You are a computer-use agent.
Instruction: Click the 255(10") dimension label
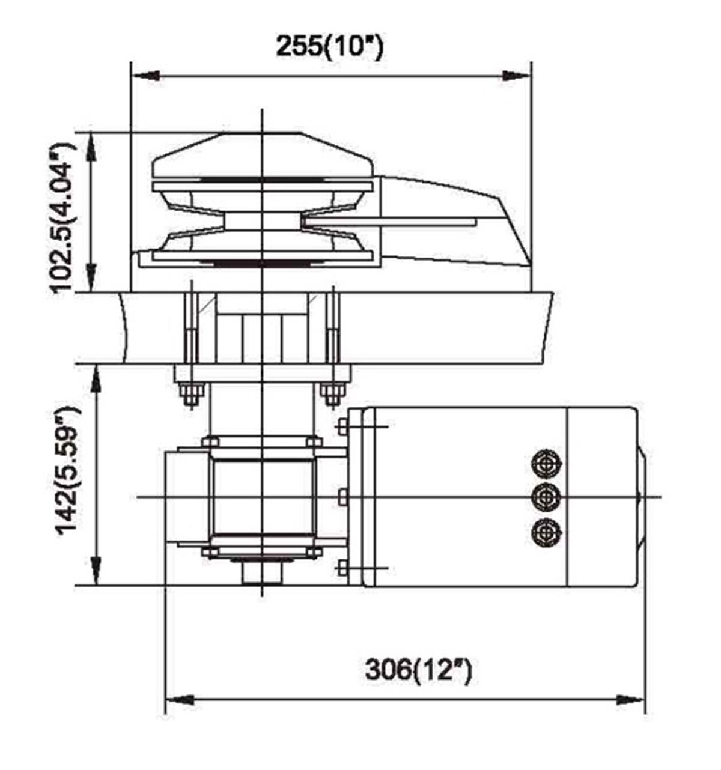point(329,46)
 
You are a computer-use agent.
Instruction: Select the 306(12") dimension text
point(418,670)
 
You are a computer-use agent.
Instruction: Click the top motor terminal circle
point(546,463)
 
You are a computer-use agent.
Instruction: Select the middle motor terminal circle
point(546,497)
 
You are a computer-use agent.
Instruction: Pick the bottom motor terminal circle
point(546,532)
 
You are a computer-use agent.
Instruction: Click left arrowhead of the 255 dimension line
point(145,76)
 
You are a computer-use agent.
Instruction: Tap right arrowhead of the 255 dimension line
point(517,76)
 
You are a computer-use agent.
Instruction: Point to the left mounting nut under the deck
point(191,395)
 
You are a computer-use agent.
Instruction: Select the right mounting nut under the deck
point(331,395)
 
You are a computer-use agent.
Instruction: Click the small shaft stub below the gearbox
point(263,572)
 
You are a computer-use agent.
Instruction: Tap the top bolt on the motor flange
point(342,426)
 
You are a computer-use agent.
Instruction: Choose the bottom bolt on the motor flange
point(342,568)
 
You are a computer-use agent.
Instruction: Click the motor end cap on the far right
point(641,497)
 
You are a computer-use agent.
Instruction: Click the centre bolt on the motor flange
point(342,497)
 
